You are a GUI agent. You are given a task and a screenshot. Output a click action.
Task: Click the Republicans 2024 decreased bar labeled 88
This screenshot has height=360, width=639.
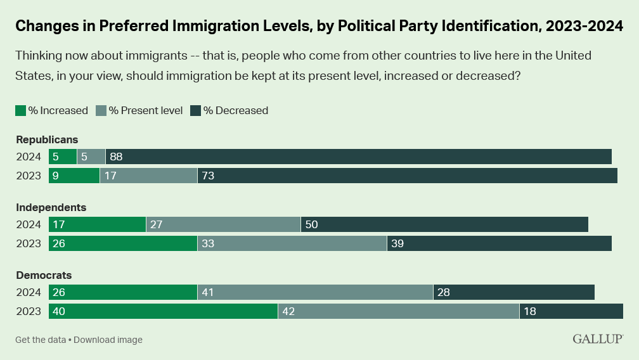[358, 157]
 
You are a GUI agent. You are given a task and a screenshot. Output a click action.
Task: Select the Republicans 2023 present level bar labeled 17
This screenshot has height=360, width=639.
[148, 176]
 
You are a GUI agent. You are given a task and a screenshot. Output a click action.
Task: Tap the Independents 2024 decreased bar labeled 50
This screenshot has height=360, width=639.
[444, 224]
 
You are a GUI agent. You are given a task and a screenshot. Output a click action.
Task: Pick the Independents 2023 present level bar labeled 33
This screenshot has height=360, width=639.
[292, 243]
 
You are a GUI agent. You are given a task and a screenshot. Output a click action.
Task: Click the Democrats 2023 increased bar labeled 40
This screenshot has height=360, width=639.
[163, 311]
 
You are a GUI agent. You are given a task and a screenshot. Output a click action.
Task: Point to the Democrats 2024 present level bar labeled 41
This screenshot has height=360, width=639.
[315, 292]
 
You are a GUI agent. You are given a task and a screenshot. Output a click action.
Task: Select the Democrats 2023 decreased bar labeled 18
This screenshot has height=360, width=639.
[571, 311]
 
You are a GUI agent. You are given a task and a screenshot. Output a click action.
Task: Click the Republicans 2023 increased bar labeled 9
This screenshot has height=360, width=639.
[74, 176]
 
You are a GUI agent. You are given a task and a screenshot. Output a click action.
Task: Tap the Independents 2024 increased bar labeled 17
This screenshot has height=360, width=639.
[97, 224]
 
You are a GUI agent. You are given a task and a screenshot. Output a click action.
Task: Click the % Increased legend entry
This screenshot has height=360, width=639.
[51, 110]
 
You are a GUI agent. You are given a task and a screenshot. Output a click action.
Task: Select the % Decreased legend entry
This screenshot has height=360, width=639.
[229, 110]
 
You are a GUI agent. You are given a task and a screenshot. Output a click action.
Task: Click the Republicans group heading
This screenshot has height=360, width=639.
[46, 139]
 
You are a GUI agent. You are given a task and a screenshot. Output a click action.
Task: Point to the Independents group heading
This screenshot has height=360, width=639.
[51, 207]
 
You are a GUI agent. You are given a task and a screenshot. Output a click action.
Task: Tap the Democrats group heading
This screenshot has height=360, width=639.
[44, 275]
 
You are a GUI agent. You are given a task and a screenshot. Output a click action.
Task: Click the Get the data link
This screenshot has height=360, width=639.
[40, 340]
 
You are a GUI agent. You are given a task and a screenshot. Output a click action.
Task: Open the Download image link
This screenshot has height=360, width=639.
[108, 340]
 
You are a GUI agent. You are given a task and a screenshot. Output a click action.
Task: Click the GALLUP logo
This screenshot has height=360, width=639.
[597, 339]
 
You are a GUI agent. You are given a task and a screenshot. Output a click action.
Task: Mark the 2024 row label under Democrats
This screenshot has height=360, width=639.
[29, 292]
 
